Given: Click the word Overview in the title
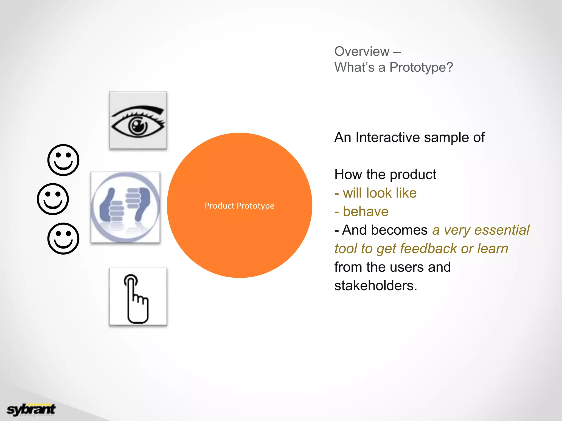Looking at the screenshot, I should click(x=362, y=51).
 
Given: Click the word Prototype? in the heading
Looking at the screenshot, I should click(x=421, y=67).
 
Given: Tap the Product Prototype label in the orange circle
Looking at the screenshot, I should click(x=239, y=206).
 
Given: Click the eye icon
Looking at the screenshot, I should click(x=138, y=121).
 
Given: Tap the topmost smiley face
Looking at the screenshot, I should click(x=63, y=160).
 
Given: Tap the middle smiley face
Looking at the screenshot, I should click(x=53, y=199).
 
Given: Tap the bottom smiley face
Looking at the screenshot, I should click(x=63, y=238).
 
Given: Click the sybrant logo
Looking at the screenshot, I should click(x=31, y=410).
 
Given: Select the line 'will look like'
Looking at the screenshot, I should click(x=379, y=193).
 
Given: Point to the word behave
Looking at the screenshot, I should click(x=366, y=212).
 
